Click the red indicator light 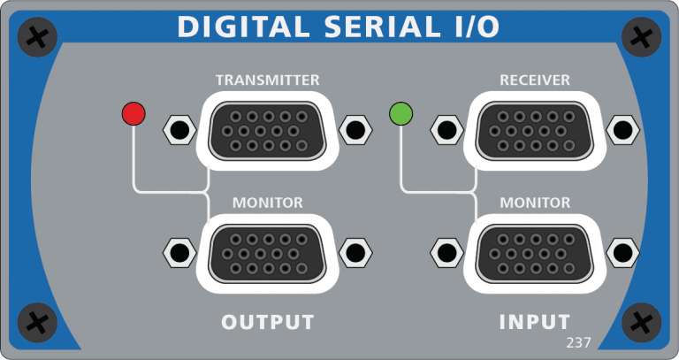(134, 113)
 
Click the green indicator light (401, 113)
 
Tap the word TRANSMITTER (267, 80)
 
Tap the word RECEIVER (534, 80)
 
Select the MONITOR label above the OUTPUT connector (267, 203)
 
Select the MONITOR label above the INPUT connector (534, 203)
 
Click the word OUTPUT (267, 321)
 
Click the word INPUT (534, 321)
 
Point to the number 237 (578, 342)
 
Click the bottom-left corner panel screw (38, 323)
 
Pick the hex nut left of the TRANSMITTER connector (179, 130)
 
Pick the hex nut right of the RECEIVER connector (622, 130)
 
